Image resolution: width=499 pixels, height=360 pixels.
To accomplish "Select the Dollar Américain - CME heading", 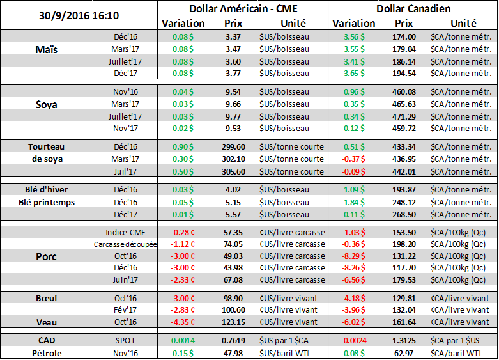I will tap(242, 9).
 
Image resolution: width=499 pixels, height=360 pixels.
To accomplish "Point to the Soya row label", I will tap(47, 104).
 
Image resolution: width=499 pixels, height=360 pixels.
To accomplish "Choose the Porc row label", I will tap(47, 257).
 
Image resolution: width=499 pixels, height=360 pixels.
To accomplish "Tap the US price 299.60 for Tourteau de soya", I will tap(233, 146).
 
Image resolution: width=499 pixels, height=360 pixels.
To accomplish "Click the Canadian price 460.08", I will tap(404, 92).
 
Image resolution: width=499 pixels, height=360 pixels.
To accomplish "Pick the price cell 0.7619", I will tap(233, 340).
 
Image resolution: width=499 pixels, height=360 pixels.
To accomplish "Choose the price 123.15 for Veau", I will tap(233, 322).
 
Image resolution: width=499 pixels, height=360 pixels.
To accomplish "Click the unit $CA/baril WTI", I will tap(461, 352).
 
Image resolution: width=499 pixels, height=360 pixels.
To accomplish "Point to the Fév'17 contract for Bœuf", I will tap(125, 309).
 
